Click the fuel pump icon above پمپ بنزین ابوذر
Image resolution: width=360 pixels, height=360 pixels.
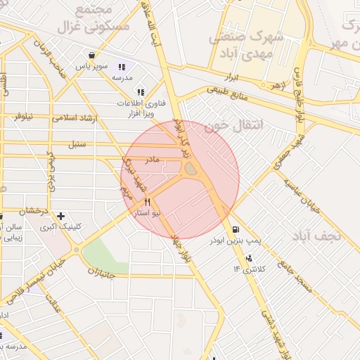pos(234,229)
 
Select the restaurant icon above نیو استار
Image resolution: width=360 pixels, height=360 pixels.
pos(147,202)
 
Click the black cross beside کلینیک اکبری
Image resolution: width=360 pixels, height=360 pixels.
pos(62,216)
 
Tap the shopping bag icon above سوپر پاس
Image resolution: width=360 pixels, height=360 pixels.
pos(91,55)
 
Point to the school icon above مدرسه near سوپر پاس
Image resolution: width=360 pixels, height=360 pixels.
pos(123,67)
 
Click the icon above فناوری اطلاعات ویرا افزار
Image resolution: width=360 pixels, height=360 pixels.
pos(141,92)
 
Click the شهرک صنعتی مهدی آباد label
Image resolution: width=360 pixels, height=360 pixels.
pos(246,44)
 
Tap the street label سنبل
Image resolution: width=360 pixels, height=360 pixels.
pos(77,145)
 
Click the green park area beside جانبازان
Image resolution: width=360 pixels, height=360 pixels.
pos(105,250)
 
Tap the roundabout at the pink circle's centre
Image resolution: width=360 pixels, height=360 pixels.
pos(191,169)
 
